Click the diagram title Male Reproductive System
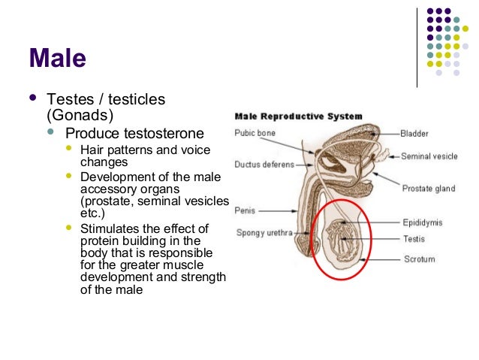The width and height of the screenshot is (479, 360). pyautogui.click(x=299, y=116)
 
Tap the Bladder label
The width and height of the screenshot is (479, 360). pyautogui.click(x=414, y=134)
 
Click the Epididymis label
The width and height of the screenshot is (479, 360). pyautogui.click(x=423, y=222)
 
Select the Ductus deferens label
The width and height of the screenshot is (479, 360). pyautogui.click(x=262, y=163)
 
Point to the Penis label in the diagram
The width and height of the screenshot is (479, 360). pyautogui.click(x=246, y=211)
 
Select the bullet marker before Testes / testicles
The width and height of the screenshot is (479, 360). pyautogui.click(x=31, y=98)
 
